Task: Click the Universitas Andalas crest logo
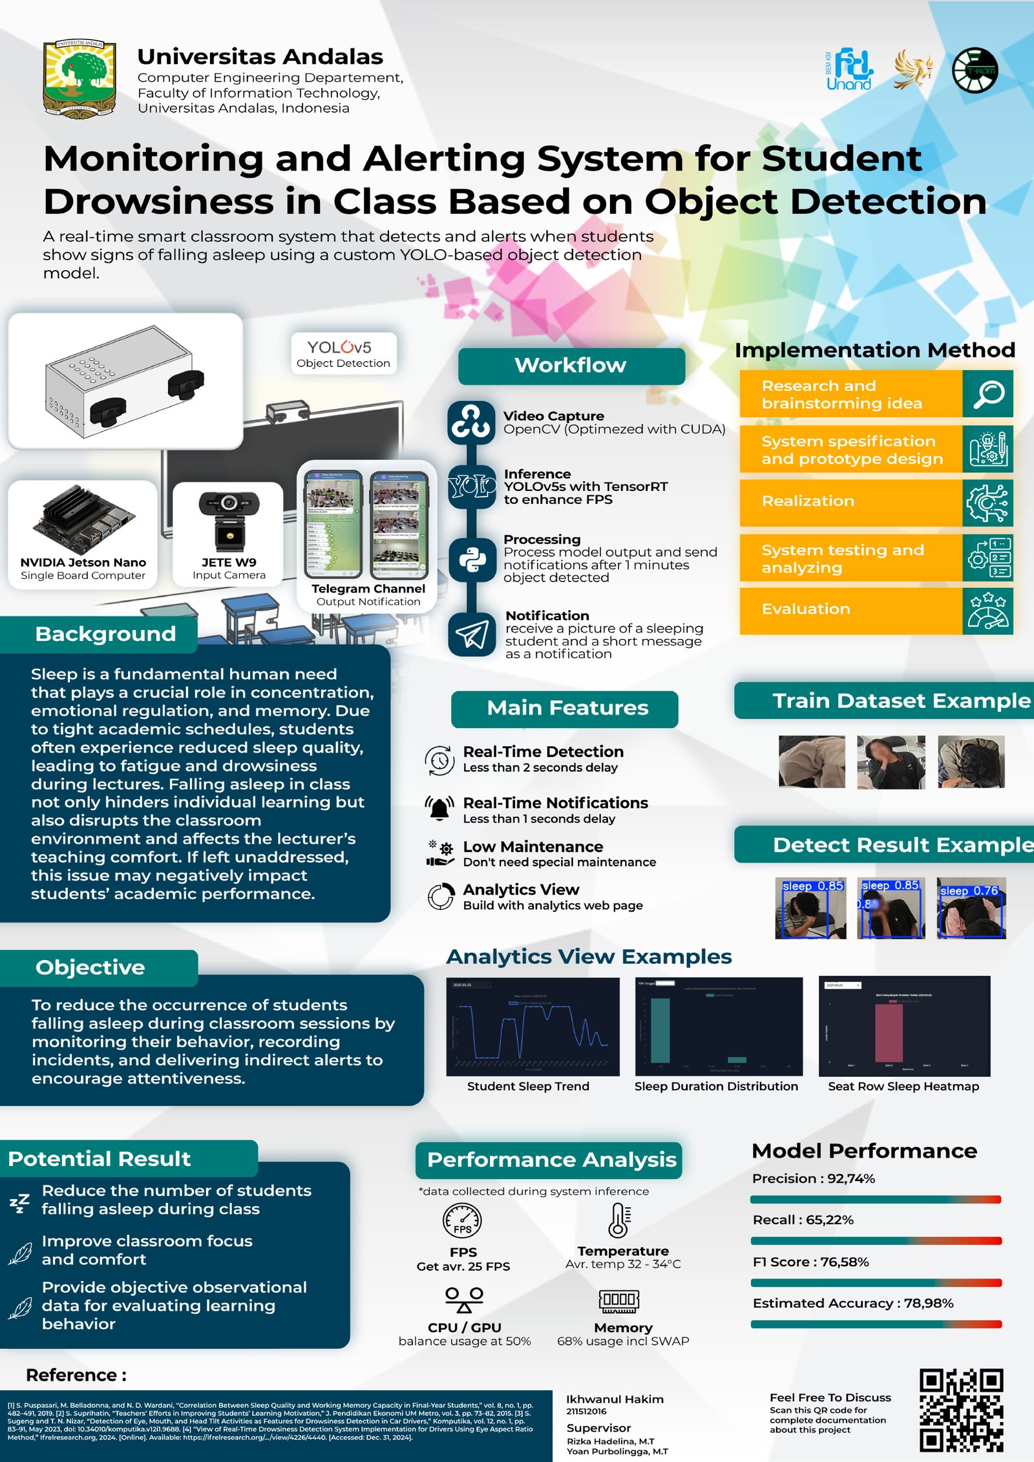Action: pos(79,79)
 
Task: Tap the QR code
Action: pos(961,1410)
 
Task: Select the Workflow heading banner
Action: pos(571,366)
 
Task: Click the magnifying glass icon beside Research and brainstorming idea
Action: pos(988,393)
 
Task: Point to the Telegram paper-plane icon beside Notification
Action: pos(472,634)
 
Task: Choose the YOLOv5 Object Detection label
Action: pos(343,353)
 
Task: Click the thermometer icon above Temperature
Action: pos(620,1220)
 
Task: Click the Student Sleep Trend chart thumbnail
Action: pos(533,1027)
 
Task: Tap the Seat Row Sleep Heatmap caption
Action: pos(903,1087)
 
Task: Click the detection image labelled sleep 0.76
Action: pos(971,908)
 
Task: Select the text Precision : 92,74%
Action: pos(813,1178)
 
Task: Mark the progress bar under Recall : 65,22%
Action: pos(876,1241)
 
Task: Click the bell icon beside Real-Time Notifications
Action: pos(439,809)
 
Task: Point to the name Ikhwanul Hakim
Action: pos(615,1399)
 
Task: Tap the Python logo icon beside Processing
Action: pos(472,559)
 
